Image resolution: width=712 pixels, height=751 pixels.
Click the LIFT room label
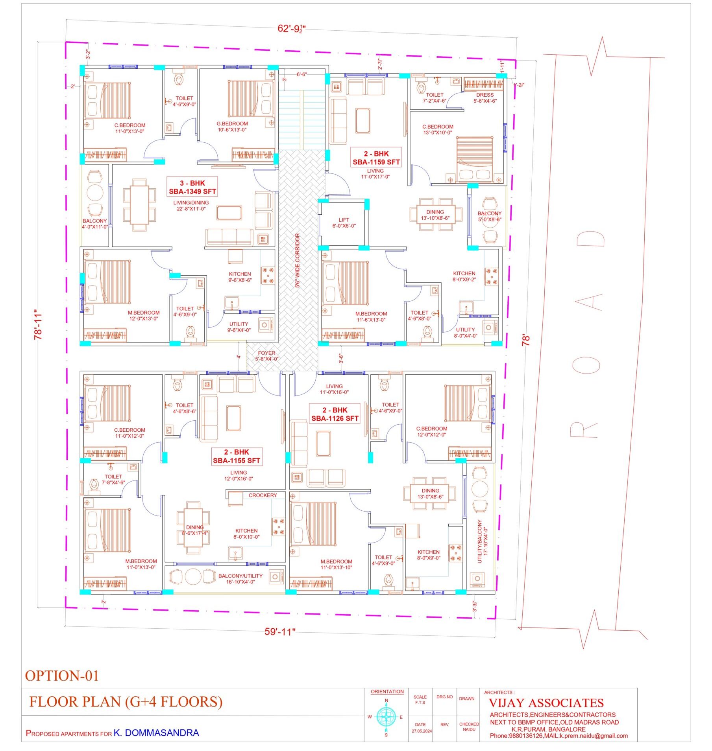[x=344, y=220]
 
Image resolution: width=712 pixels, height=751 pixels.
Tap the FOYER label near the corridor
[x=266, y=353]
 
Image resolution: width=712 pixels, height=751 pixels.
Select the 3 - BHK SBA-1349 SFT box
[x=192, y=187]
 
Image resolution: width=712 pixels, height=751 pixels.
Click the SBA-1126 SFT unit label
[x=335, y=418]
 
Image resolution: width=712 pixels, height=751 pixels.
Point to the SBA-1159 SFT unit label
[x=376, y=162]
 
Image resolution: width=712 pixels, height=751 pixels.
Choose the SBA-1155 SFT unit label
[x=237, y=460]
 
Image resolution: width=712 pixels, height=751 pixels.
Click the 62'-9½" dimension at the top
[x=292, y=28]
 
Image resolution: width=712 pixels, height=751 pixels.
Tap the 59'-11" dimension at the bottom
[x=280, y=631]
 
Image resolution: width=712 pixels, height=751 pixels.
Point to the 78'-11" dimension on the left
[x=38, y=324]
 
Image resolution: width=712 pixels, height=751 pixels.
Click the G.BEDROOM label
[x=232, y=123]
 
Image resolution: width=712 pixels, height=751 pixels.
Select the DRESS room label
[x=485, y=95]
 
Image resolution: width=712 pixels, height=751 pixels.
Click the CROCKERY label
[x=263, y=495]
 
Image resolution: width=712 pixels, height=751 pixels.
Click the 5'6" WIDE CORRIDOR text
[x=298, y=260]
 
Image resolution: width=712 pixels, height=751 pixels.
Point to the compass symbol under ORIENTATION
[x=386, y=716]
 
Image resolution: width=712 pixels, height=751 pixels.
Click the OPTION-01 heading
[x=62, y=676]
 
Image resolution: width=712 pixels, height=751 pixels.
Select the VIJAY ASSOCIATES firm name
[x=546, y=703]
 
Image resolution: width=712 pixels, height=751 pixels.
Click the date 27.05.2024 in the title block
[x=422, y=731]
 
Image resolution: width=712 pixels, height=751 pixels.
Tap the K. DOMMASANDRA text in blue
[x=156, y=733]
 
